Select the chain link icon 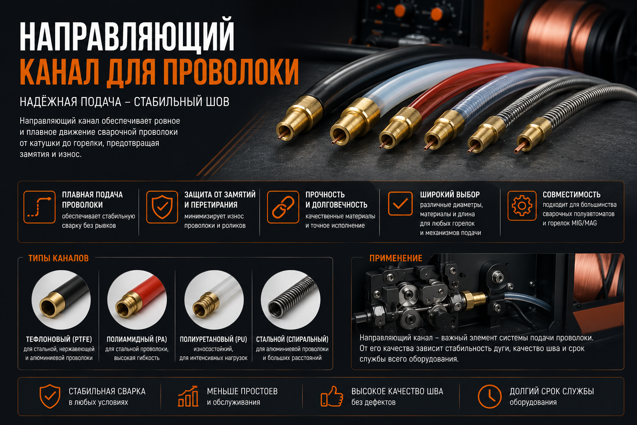click(x=283, y=207)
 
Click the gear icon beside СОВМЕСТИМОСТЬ click(x=522, y=205)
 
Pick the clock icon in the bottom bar click(x=489, y=396)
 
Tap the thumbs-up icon click(x=332, y=396)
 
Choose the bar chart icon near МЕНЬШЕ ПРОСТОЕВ click(x=188, y=396)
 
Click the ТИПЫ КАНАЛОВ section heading click(x=58, y=258)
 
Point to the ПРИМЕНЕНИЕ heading click(x=396, y=258)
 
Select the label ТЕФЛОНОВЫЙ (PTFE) click(x=59, y=339)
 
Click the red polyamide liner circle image click(x=137, y=300)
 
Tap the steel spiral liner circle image click(x=291, y=300)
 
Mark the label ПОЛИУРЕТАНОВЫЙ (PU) click(x=213, y=339)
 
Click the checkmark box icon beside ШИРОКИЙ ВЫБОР click(x=400, y=203)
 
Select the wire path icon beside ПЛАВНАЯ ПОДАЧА click(x=39, y=207)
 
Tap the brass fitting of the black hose click(x=300, y=118)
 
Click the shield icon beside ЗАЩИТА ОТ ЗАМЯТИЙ click(x=162, y=207)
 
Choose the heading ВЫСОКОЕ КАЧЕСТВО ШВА click(x=397, y=391)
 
